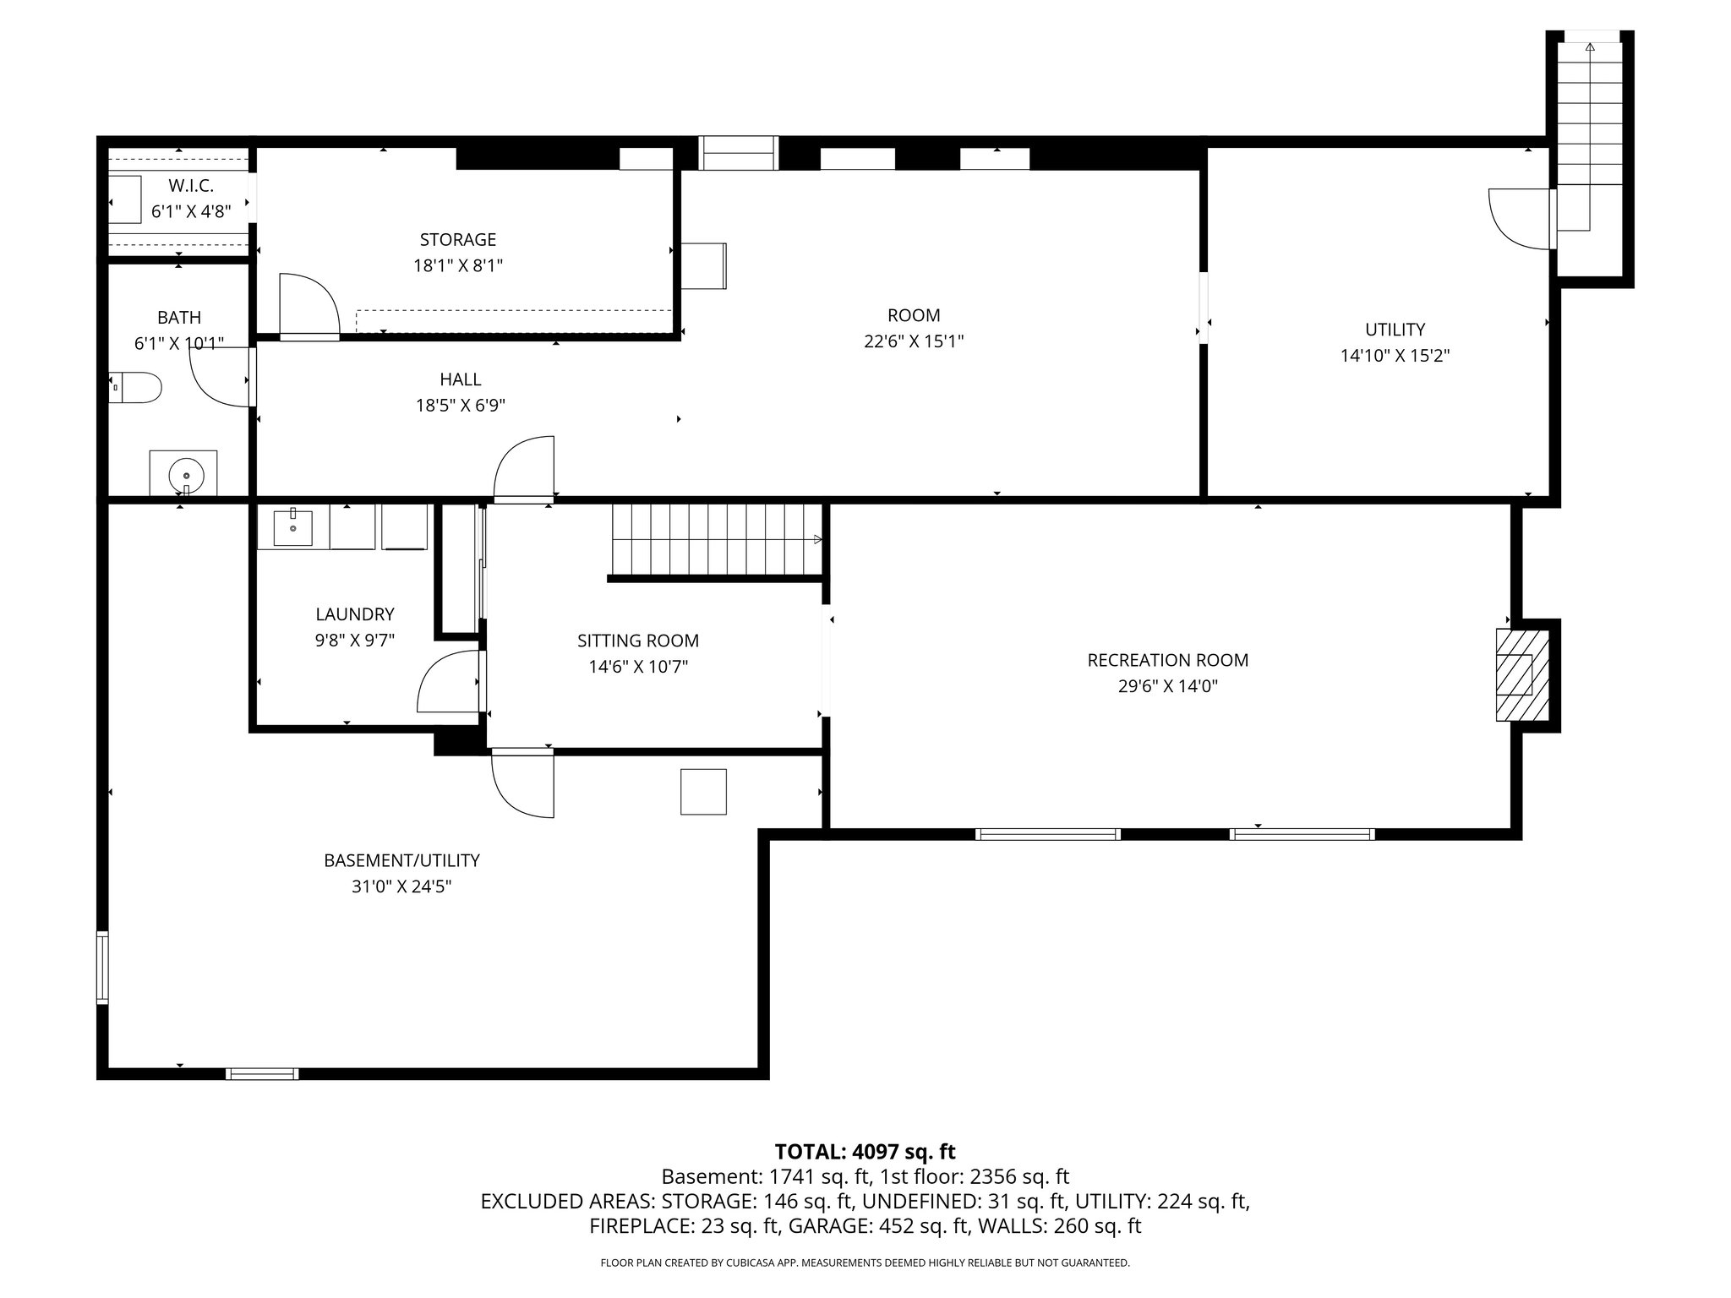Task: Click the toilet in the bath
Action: [138, 387]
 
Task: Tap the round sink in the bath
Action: [185, 472]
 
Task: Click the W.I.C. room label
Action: [191, 186]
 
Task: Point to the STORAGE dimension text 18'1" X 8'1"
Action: [458, 266]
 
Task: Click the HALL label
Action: [460, 379]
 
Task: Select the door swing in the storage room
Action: [308, 306]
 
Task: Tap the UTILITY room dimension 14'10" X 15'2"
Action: [1395, 356]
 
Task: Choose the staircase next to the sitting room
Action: [715, 540]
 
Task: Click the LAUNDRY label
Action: [354, 614]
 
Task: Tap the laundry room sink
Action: [292, 528]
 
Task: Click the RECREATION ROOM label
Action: [1167, 660]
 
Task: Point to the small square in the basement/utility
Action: [703, 792]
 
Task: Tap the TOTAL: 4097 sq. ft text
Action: [865, 1152]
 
